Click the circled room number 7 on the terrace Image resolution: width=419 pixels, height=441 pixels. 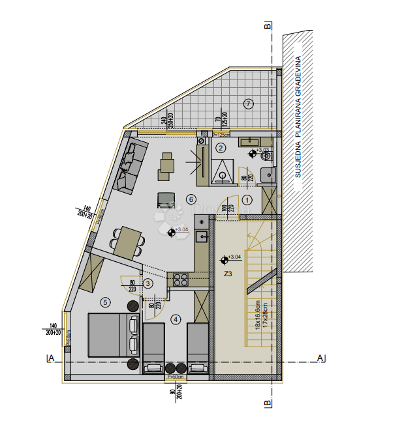pyautogui.click(x=248, y=104)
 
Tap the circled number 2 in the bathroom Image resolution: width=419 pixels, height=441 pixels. pyautogui.click(x=221, y=148)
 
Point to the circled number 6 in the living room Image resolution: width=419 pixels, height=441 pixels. pyautogui.click(x=191, y=199)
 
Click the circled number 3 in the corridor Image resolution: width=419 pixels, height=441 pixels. pyautogui.click(x=148, y=283)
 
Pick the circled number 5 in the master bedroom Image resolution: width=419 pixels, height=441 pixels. pyautogui.click(x=105, y=302)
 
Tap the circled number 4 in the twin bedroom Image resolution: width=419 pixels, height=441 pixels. pyautogui.click(x=176, y=319)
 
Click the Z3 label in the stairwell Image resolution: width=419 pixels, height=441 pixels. pyautogui.click(x=228, y=274)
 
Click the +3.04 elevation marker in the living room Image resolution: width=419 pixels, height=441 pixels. pyautogui.click(x=172, y=231)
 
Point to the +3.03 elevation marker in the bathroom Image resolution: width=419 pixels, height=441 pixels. pyautogui.click(x=253, y=154)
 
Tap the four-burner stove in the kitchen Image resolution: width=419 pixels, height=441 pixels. pyautogui.click(x=180, y=279)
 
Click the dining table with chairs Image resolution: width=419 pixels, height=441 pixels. pyautogui.click(x=127, y=242)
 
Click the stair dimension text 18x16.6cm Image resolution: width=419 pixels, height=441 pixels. pyautogui.click(x=257, y=314)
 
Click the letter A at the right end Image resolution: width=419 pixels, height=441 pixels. pyautogui.click(x=320, y=358)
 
